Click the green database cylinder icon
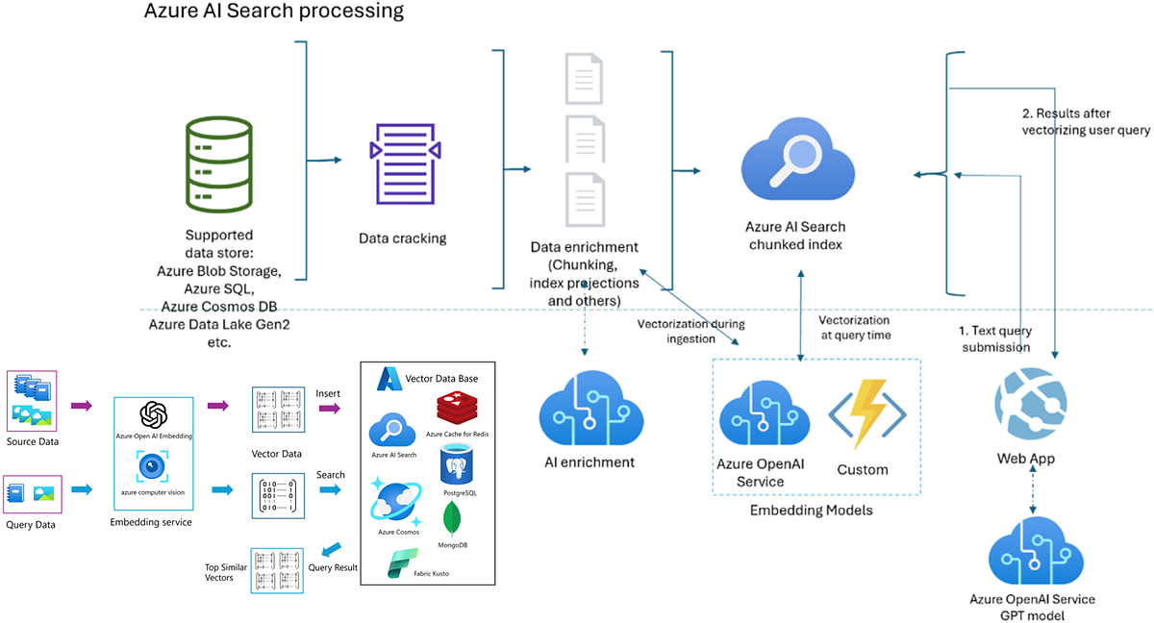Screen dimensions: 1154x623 pyautogui.click(x=219, y=164)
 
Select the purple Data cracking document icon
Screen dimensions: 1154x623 pyautogui.click(x=405, y=163)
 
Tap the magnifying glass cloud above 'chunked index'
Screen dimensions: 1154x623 pyautogui.click(x=797, y=159)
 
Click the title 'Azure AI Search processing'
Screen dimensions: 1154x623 pyautogui.click(x=273, y=11)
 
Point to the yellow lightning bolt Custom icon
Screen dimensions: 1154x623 pyautogui.click(x=867, y=414)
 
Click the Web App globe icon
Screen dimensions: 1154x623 pyautogui.click(x=1030, y=403)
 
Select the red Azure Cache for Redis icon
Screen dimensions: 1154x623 pyautogui.click(x=457, y=408)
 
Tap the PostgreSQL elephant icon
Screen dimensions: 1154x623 pyautogui.click(x=457, y=465)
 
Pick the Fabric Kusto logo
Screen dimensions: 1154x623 pyautogui.click(x=402, y=562)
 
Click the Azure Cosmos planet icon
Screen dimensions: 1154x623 pyautogui.click(x=395, y=502)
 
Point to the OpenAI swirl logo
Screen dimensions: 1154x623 pyautogui.click(x=154, y=415)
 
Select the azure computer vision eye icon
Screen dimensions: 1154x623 pyautogui.click(x=152, y=466)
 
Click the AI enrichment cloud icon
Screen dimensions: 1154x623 pyautogui.click(x=590, y=408)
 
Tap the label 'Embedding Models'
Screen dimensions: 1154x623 pyautogui.click(x=811, y=511)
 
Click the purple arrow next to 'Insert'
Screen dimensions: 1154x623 pyautogui.click(x=330, y=409)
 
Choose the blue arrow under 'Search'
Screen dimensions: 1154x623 pyautogui.click(x=330, y=489)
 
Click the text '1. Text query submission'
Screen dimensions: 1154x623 pyautogui.click(x=995, y=338)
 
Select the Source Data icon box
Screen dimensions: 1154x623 pyautogui.click(x=32, y=401)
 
